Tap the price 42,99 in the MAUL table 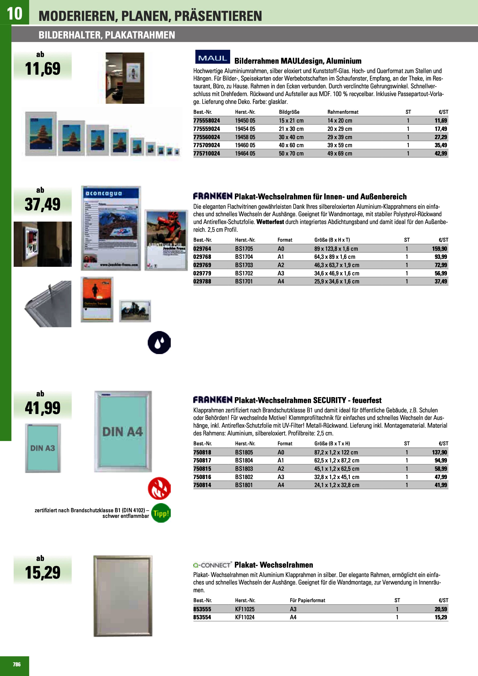pos(441,153)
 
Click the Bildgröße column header pos(289,112)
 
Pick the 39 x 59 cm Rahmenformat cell pos(340,145)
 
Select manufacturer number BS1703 pos(244,265)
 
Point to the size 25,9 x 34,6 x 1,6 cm pos(337,282)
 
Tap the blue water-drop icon pos(159,343)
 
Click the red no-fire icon pos(159,488)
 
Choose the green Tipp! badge pos(161,513)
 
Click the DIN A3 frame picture pos(43,448)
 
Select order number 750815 pos(202,469)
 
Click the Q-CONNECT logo pos(212,565)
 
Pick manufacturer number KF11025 pos(245,609)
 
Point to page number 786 pos(17,664)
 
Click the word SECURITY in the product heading pos(329,400)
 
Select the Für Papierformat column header pos(308,600)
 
